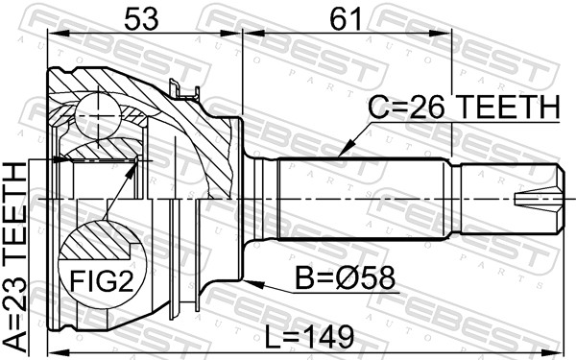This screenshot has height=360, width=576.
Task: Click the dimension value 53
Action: [x=141, y=19]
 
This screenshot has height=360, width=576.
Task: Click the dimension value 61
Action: [x=346, y=19]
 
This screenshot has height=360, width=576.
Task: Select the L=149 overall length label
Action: [x=309, y=337]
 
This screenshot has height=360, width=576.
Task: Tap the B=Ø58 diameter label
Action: [x=346, y=278]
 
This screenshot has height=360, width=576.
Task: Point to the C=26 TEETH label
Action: [x=464, y=107]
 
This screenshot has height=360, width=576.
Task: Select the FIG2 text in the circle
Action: [x=102, y=280]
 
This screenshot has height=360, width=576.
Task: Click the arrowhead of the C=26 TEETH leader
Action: [x=345, y=150]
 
